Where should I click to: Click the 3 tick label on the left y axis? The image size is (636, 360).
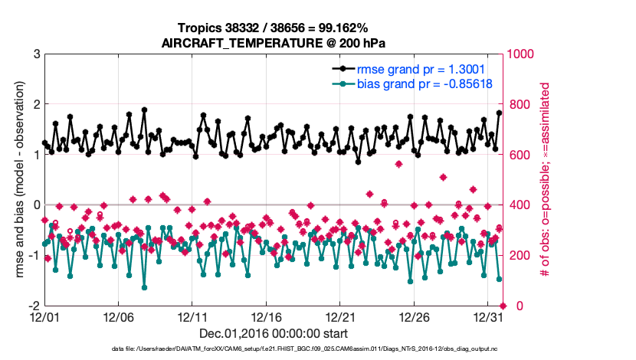click(x=35, y=54)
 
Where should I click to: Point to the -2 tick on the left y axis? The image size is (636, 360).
click(x=33, y=306)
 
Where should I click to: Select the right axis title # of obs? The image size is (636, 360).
click(x=546, y=180)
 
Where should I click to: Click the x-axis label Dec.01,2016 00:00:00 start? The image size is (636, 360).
click(x=272, y=333)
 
